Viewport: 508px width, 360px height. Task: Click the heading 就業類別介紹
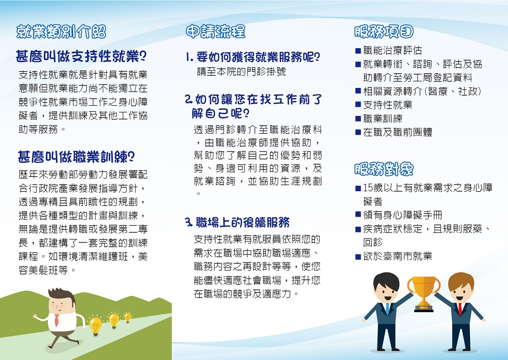(61, 32)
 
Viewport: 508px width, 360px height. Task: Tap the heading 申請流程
(216, 32)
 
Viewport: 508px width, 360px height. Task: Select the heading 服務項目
(384, 32)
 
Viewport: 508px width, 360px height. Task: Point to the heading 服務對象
(384, 169)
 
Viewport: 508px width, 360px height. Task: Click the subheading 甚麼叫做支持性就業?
(81, 56)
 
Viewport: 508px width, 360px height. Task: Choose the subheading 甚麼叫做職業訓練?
(76, 157)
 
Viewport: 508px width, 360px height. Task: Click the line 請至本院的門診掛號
(241, 71)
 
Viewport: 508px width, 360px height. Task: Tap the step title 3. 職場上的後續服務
(237, 222)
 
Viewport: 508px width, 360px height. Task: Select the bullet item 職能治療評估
(392, 50)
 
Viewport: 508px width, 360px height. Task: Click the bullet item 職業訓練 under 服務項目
(383, 118)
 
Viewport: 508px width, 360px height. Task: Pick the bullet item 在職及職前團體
(398, 132)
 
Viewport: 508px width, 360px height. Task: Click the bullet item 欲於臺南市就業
(398, 256)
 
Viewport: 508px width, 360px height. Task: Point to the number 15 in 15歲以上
(368, 188)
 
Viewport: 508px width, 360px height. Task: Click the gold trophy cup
(424, 293)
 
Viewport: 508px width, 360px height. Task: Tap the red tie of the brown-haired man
(460, 309)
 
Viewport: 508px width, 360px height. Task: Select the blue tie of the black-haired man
(387, 309)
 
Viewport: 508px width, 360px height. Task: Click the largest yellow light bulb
(96, 325)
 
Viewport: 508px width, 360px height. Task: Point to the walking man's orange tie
(57, 320)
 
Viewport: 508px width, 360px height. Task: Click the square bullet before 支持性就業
(358, 105)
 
